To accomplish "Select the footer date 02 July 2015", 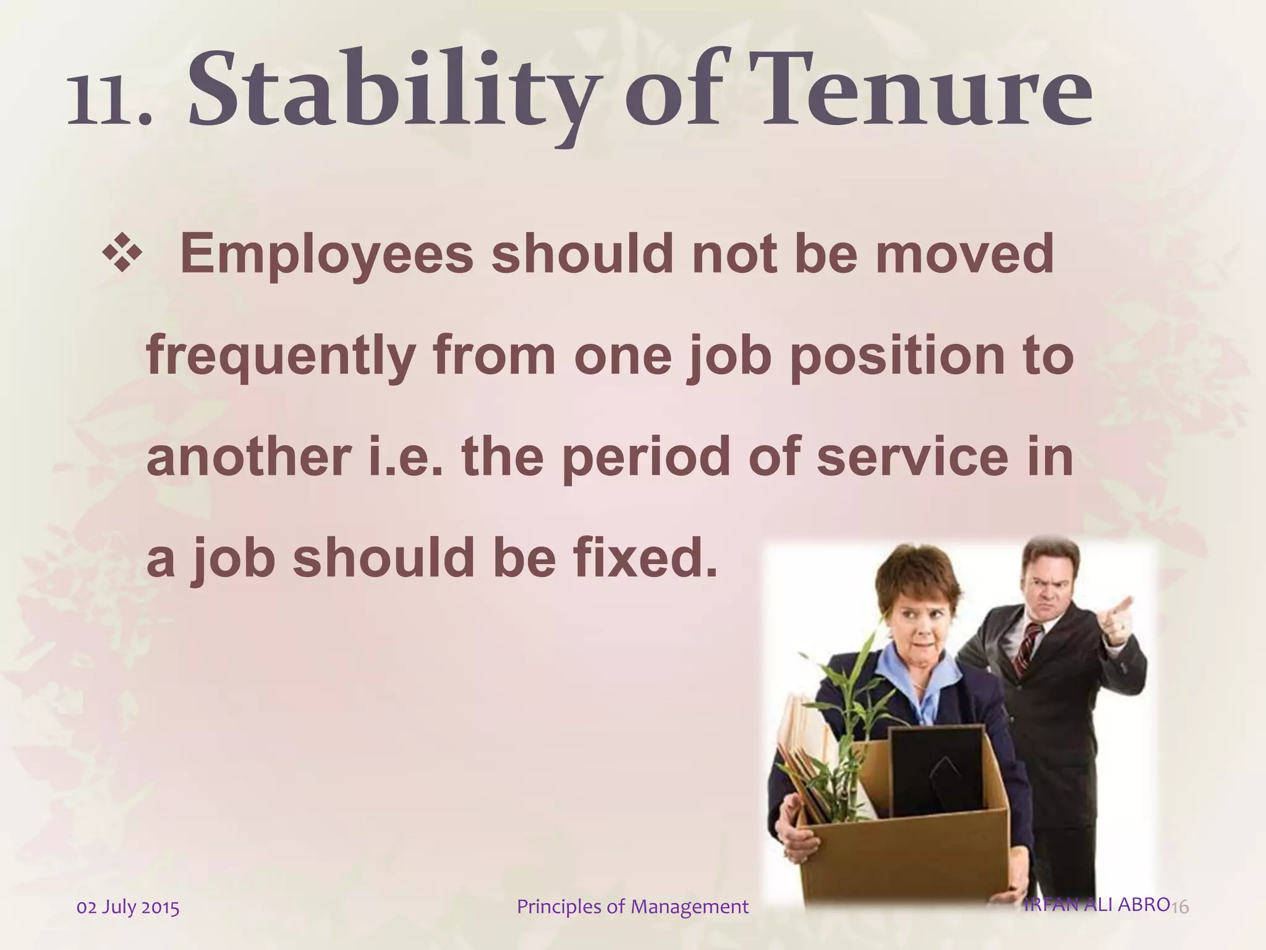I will pos(128,907).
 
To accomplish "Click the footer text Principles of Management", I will pos(632,907).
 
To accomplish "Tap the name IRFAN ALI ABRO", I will pos(1096,904).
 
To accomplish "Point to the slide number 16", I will pos(1180,907).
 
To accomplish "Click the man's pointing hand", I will pos(1118,618).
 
